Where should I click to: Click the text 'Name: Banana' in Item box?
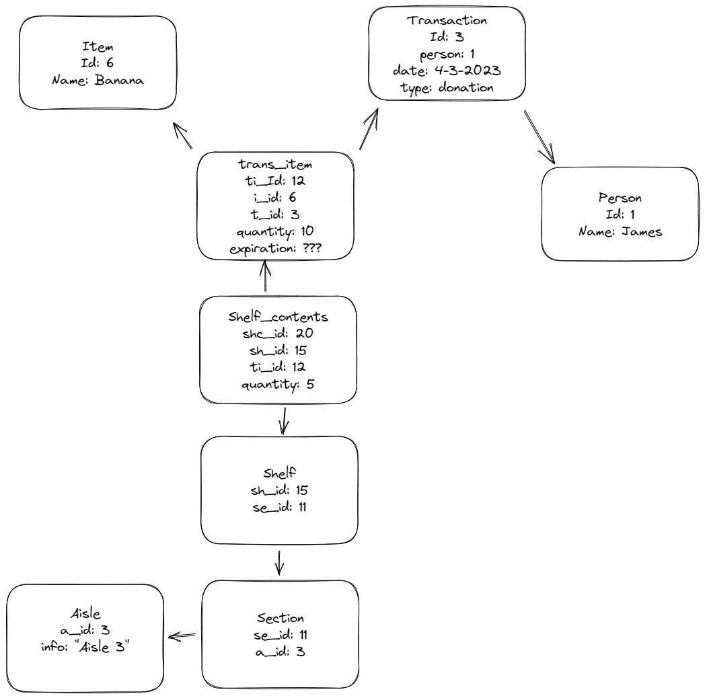pyautogui.click(x=98, y=79)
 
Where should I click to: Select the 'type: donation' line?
pyautogui.click(x=447, y=87)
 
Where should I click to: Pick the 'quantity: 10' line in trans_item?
pyautogui.click(x=274, y=231)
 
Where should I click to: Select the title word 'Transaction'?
pyautogui.click(x=447, y=20)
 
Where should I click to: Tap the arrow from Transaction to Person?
pyautogui.click(x=540, y=138)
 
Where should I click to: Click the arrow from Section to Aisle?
pyautogui.click(x=182, y=635)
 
